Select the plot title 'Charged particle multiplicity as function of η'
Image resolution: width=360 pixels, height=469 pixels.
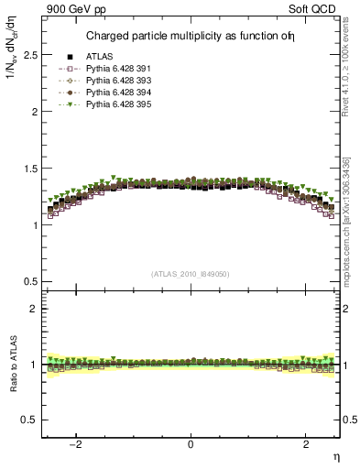(x=192, y=37)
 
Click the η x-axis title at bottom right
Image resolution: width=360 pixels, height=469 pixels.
(x=335, y=457)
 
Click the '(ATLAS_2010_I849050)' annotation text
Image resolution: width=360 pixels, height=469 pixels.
(x=191, y=274)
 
